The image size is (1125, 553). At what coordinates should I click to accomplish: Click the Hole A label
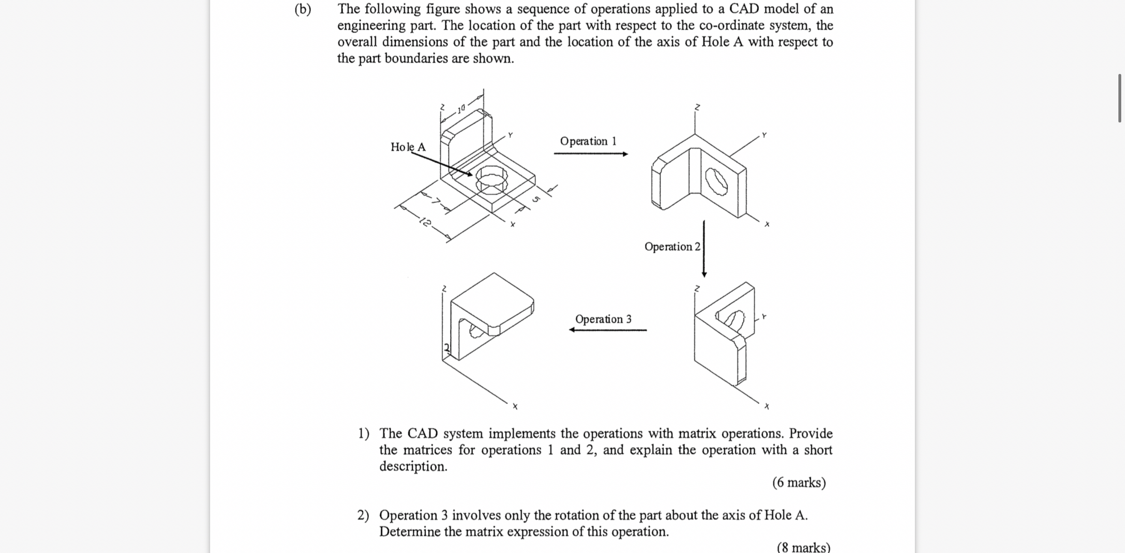[x=408, y=147]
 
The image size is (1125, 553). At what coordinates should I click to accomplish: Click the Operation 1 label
[x=588, y=141]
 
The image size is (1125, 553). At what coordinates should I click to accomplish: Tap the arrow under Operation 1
[x=591, y=154]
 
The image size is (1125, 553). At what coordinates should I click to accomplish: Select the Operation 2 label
[x=672, y=247]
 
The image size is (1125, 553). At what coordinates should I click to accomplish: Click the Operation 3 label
[x=603, y=319]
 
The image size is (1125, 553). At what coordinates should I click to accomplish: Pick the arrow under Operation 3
[x=608, y=330]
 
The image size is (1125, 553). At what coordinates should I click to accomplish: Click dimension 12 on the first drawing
[x=425, y=222]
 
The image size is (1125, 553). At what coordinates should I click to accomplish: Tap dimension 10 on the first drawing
[x=461, y=109]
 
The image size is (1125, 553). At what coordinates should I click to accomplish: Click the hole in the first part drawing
[x=491, y=179]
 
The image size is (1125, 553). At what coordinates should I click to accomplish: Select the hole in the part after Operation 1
[x=717, y=182]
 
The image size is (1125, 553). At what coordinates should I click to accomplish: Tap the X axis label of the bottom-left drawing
[x=515, y=406]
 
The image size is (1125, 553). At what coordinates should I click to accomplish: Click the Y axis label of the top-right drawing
[x=764, y=135]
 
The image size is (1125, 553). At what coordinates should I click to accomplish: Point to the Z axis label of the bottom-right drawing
[x=697, y=288]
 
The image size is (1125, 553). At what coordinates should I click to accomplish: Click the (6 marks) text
[x=799, y=483]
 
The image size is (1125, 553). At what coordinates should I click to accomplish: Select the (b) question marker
[x=302, y=9]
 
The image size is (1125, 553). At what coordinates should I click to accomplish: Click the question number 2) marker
[x=363, y=515]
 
